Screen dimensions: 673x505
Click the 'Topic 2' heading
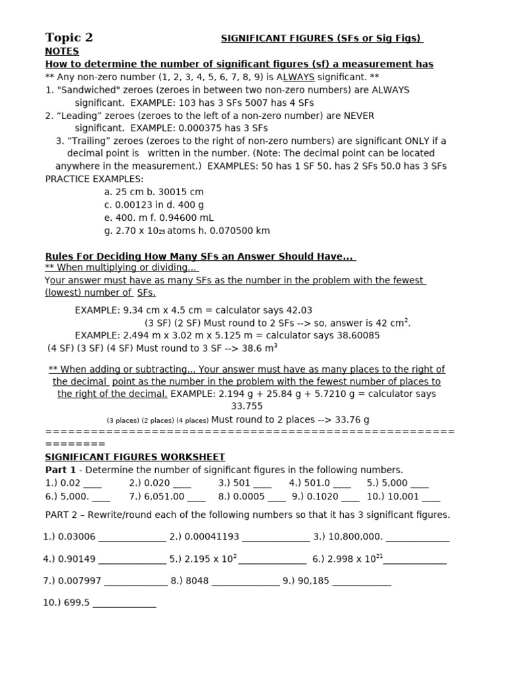(x=69, y=37)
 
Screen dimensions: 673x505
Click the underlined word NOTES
(x=62, y=51)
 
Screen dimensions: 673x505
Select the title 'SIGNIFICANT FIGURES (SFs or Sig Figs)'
(x=322, y=39)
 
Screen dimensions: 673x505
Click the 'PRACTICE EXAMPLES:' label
(x=94, y=179)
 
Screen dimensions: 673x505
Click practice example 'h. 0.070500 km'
(x=233, y=231)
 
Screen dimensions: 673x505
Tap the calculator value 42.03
(x=298, y=310)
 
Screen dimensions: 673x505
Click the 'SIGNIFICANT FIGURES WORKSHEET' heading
(x=135, y=457)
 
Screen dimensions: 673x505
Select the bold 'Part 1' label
(x=61, y=470)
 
